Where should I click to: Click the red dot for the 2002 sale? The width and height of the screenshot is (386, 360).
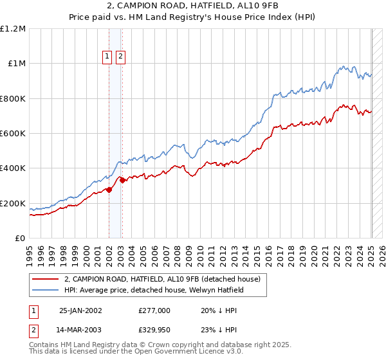(x=109, y=190)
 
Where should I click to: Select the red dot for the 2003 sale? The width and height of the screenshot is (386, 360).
(x=122, y=181)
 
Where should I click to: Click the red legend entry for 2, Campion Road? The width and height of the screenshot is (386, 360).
(x=162, y=279)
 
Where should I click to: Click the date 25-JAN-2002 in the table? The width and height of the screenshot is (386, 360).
(x=80, y=310)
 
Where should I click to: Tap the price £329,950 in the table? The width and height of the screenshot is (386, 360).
(x=154, y=330)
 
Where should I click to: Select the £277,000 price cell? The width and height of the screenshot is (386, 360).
(x=154, y=310)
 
